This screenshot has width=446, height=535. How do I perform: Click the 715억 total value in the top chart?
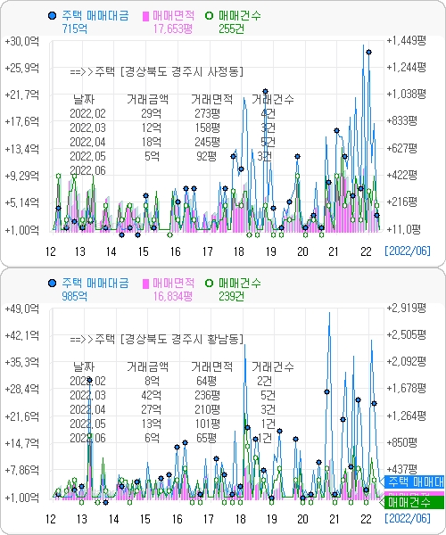coord(74,29)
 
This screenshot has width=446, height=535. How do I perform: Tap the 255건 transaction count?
coord(231,29)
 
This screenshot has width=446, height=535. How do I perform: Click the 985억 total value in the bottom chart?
coord(74,295)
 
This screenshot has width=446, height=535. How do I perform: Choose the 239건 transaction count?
coord(231,295)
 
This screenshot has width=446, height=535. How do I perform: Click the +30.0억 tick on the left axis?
coord(21,41)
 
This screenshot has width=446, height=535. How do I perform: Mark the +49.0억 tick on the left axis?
coord(21,308)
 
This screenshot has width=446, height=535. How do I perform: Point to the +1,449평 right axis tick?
coord(409,41)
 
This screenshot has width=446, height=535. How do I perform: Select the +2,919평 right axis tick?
coord(409,308)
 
